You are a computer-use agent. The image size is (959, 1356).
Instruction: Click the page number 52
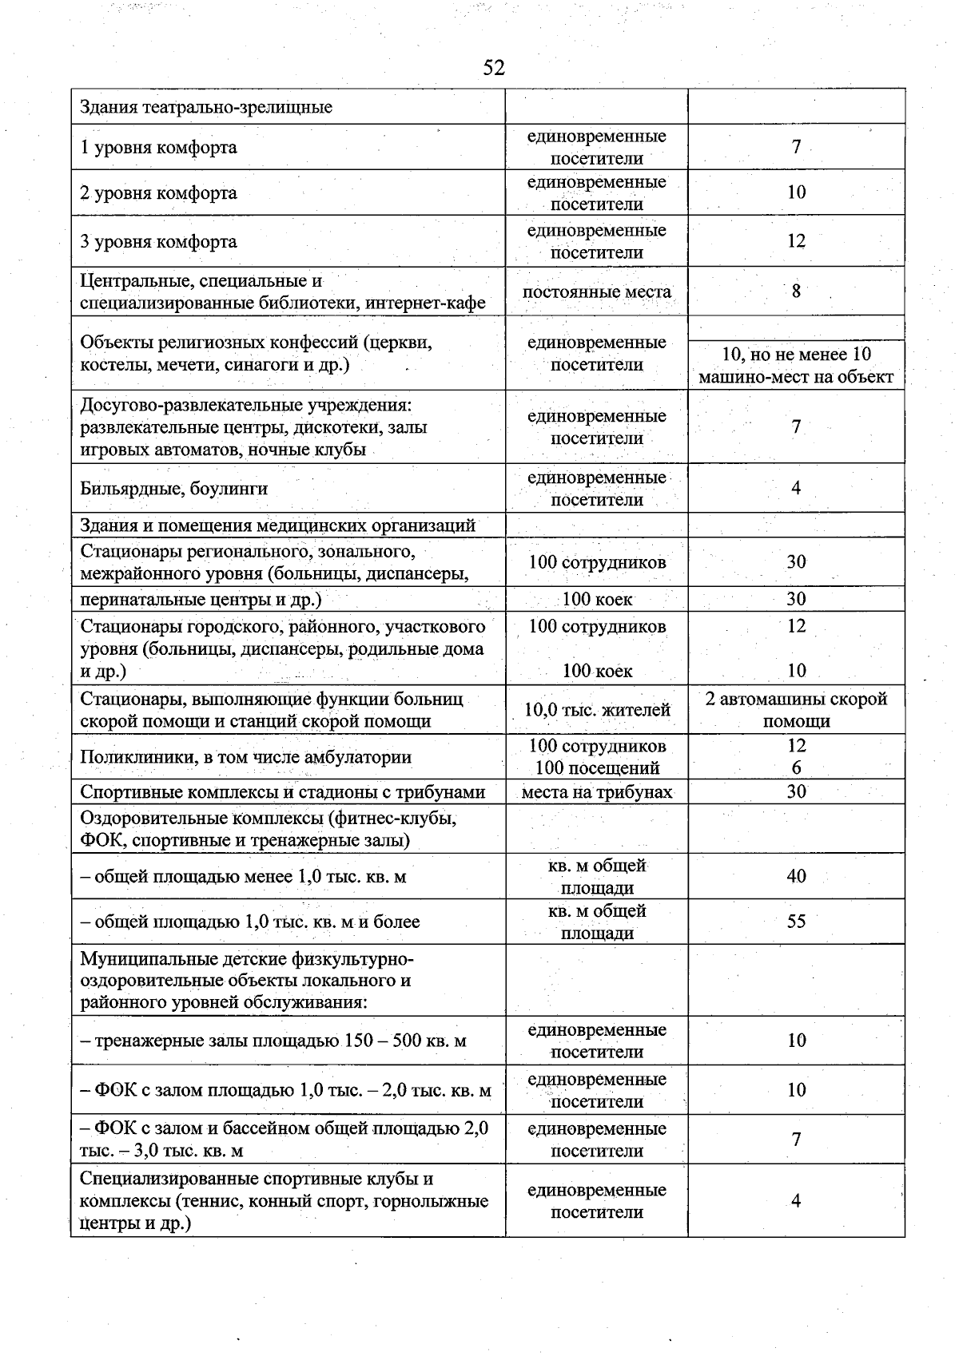[494, 68]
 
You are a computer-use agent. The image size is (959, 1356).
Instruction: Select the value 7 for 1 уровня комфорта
[796, 147]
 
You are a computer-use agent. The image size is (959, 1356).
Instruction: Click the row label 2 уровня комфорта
[158, 193]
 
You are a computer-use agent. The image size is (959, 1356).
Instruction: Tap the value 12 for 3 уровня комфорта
[796, 241]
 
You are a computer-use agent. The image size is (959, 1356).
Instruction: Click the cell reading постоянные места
[596, 292]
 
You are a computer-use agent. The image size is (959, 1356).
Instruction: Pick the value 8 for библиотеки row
[796, 291]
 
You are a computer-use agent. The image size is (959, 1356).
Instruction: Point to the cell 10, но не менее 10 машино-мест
[796, 366]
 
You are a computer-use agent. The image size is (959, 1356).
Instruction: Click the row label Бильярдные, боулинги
[173, 489]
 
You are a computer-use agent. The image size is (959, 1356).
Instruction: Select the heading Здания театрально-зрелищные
[206, 107]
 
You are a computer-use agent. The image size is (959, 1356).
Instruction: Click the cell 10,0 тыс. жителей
[596, 710]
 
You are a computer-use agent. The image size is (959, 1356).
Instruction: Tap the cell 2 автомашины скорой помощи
[796, 710]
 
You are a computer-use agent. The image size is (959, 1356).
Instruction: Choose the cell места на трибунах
[596, 792]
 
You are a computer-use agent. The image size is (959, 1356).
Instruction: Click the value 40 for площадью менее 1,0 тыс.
[796, 877]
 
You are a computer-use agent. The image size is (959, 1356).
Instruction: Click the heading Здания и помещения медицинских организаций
[277, 525]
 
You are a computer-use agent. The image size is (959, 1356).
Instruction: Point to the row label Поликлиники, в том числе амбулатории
[245, 757]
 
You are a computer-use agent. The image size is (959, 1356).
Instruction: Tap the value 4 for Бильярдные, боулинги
[796, 489]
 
